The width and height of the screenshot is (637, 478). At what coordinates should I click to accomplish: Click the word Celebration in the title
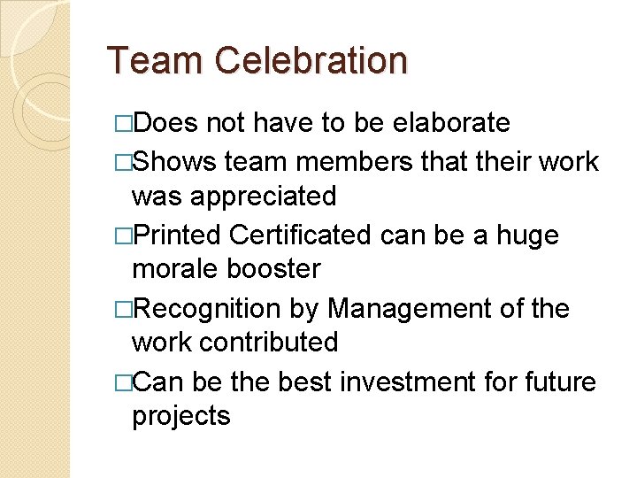[x=311, y=61]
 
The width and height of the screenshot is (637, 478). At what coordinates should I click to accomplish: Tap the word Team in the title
[x=157, y=61]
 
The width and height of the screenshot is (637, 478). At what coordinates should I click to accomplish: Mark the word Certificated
[x=300, y=235]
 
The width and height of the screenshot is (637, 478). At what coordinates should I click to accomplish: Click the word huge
[x=527, y=235]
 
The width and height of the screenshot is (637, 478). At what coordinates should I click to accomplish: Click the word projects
[x=180, y=416]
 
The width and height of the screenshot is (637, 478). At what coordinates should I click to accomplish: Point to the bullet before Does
[x=124, y=123]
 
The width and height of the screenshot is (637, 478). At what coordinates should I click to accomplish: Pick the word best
[x=302, y=382]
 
